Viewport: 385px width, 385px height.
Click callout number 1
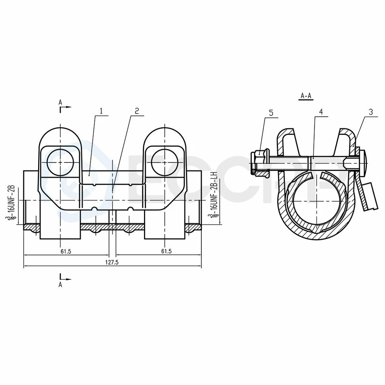tap(102, 111)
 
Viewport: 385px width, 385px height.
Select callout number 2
tap(137, 111)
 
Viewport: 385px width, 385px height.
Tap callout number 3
tap(371, 112)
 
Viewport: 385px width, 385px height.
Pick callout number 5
tap(271, 113)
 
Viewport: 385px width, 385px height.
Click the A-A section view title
tap(306, 96)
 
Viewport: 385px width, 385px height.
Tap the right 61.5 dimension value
tap(166, 251)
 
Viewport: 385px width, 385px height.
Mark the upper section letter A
tap(60, 102)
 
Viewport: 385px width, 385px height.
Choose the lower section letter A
tap(60, 284)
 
